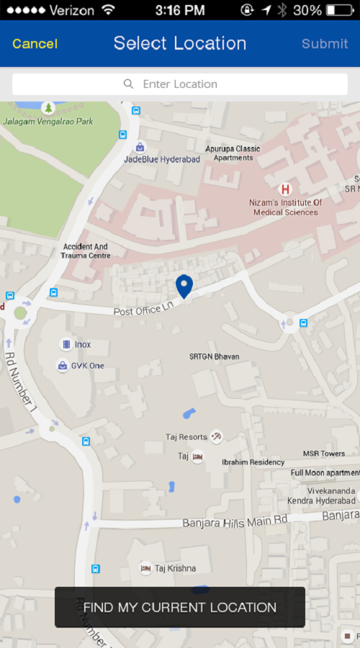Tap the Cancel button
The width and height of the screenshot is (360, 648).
pos(35,44)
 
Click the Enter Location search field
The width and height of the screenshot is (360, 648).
pos(180,84)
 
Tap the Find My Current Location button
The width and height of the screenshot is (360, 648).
pos(180,607)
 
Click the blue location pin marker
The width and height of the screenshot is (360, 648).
pos(184,286)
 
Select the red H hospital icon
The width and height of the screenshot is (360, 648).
pos(285,189)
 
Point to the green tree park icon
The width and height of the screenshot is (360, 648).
pos(48,108)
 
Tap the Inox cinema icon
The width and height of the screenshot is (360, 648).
pos(66,344)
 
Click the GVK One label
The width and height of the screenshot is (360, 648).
pos(87,366)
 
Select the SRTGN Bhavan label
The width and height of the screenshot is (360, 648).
pos(214,356)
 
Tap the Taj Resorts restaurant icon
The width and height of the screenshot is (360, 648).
pos(216,436)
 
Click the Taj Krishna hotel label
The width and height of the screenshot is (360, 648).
pos(175,568)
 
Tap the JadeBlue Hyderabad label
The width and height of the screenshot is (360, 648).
pos(162,159)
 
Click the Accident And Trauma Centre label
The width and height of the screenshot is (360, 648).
pos(86,251)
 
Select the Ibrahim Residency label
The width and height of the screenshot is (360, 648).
pos(253,462)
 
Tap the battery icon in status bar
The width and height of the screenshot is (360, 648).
pos(341,10)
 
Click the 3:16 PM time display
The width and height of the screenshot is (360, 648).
pos(180,10)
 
